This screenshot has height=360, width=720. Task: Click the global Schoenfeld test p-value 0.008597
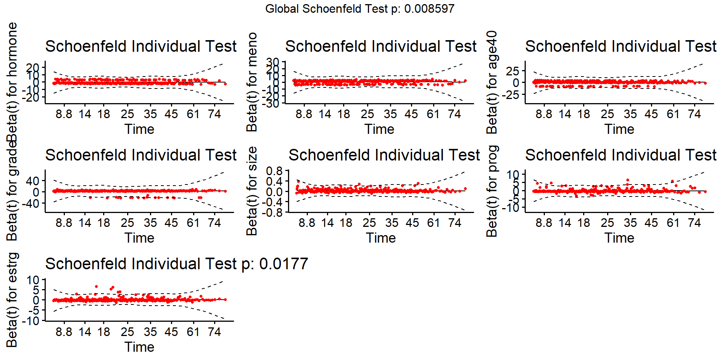point(429,9)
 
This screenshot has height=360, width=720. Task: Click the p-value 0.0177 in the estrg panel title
point(283,264)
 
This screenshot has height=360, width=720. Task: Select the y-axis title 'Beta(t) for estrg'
point(12,300)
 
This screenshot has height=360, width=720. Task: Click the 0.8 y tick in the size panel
point(274,171)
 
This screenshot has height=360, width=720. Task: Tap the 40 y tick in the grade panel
point(33,181)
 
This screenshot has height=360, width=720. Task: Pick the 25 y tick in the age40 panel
point(513,71)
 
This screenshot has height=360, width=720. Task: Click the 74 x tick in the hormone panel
point(214,114)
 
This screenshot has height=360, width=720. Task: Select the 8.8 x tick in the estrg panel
point(64,331)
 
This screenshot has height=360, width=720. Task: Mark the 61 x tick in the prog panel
point(673,223)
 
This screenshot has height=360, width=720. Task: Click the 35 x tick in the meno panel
point(390,114)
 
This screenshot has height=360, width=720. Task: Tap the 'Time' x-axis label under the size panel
point(381,238)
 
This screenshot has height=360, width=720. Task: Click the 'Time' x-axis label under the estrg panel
point(139,347)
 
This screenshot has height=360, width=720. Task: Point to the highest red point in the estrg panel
point(96,286)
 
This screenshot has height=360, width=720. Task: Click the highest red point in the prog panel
point(628,180)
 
